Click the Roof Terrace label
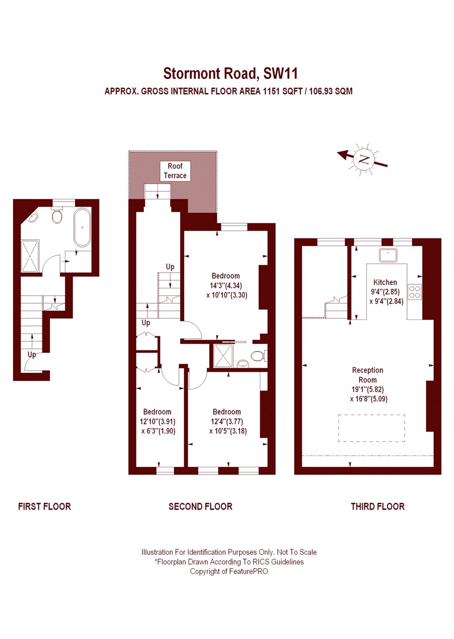[x=175, y=171]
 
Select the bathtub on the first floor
[x=82, y=227]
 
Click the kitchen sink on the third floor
[x=388, y=255]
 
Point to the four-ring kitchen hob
[x=415, y=292]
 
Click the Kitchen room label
[x=385, y=282]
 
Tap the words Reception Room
[x=368, y=375]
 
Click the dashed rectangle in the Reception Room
[x=371, y=428]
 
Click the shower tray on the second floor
[x=223, y=356]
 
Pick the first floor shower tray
[x=30, y=256]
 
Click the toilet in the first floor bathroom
[x=57, y=216]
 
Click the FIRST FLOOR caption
[x=44, y=507]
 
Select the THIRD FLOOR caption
[x=377, y=507]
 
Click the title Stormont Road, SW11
[x=230, y=74]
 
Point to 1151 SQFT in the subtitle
[x=283, y=91]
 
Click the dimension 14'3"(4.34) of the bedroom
[x=226, y=285]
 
